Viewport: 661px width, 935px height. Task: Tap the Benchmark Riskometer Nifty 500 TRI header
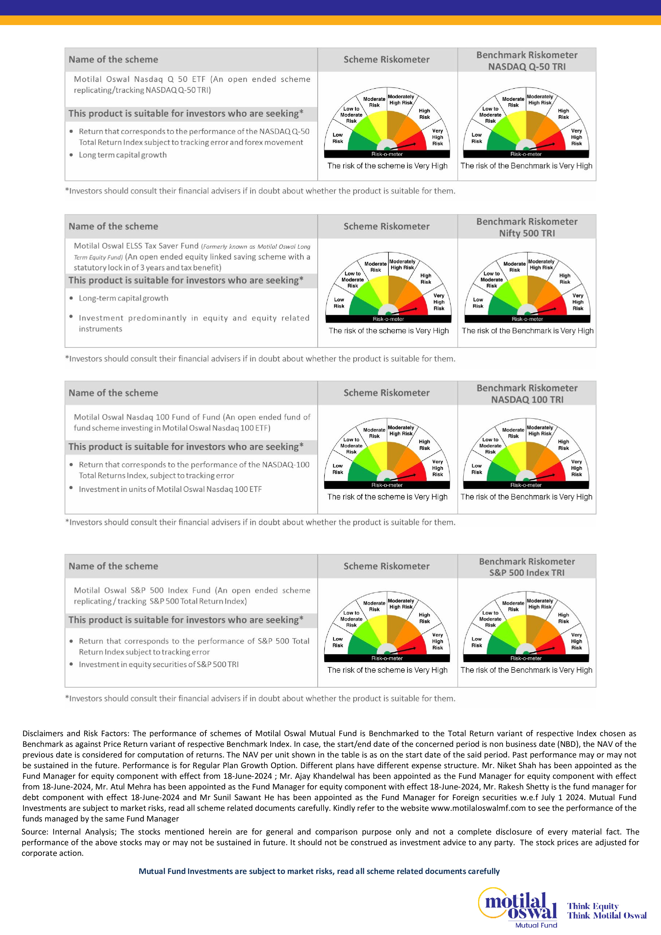click(527, 227)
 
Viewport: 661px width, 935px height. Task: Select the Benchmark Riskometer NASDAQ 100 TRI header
click(527, 393)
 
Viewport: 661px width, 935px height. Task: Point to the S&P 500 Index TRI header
click(527, 572)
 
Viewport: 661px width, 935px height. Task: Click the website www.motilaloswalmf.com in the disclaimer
click(478, 808)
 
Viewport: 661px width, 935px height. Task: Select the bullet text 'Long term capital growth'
click(123, 155)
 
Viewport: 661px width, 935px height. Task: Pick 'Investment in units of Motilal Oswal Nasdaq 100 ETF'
click(170, 489)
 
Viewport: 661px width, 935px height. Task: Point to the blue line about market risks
click(319, 871)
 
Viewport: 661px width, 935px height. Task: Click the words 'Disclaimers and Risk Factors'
click(76, 734)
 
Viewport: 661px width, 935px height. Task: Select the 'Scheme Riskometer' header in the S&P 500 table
click(386, 566)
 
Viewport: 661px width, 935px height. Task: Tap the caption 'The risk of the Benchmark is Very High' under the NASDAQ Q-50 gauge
click(526, 166)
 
